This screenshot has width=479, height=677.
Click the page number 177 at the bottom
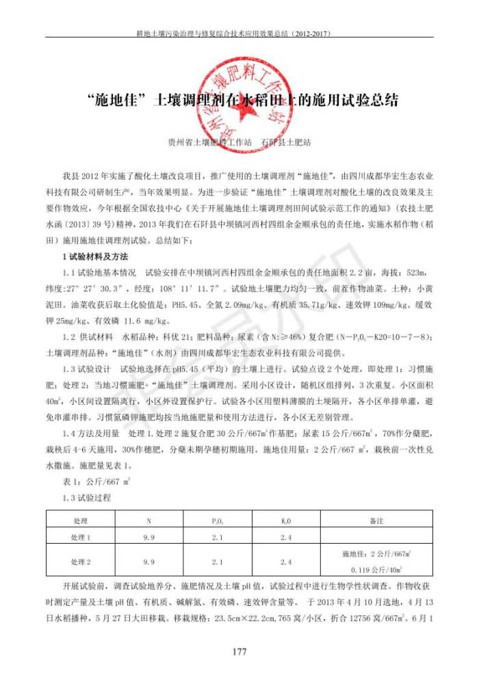[239, 652]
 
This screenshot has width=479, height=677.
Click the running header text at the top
[239, 32]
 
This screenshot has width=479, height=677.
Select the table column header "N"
[149, 521]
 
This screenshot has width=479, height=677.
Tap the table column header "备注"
[376, 521]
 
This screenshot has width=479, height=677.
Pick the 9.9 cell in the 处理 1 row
[149, 537]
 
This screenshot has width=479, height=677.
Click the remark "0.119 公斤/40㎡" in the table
[376, 570]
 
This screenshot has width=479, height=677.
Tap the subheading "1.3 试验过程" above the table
[86, 498]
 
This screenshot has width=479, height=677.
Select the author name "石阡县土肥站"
[285, 144]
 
